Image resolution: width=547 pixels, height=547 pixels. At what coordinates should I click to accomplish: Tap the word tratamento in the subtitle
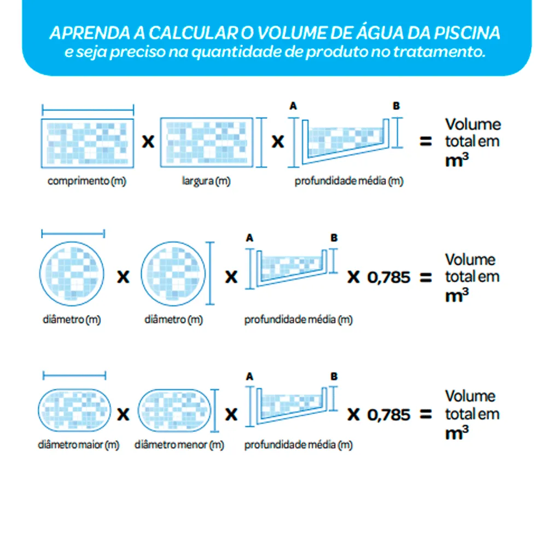(x=439, y=51)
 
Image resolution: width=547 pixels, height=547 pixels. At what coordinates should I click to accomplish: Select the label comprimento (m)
(x=87, y=181)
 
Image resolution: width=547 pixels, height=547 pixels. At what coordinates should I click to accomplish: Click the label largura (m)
(x=206, y=181)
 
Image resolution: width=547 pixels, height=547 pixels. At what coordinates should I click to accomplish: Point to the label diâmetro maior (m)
(x=78, y=445)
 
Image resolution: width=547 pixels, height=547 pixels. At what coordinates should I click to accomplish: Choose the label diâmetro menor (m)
(x=179, y=445)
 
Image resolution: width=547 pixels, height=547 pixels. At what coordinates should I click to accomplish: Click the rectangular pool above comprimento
(x=87, y=143)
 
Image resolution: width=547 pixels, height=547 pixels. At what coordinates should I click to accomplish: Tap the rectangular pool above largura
(x=207, y=142)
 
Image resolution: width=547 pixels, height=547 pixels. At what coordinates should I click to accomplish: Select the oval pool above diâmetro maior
(x=74, y=410)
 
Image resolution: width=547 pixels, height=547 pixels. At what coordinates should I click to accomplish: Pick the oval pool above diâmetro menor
(x=174, y=410)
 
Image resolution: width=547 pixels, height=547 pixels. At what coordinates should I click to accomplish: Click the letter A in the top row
(x=293, y=106)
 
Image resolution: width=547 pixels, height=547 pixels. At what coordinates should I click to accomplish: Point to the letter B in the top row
(x=396, y=106)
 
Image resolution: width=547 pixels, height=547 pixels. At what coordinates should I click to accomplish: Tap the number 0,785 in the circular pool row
(x=388, y=278)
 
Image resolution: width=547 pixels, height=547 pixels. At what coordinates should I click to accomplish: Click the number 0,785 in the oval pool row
(x=388, y=415)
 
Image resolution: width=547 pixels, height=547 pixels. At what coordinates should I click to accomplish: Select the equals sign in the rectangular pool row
(x=426, y=141)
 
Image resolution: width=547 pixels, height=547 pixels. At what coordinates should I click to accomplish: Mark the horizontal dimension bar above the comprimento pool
(x=88, y=110)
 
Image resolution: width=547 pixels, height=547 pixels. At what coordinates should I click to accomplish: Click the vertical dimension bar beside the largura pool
(x=261, y=142)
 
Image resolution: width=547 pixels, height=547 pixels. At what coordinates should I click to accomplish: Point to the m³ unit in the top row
(x=457, y=160)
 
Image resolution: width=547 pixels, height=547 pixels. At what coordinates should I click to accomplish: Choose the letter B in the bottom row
(x=334, y=376)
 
